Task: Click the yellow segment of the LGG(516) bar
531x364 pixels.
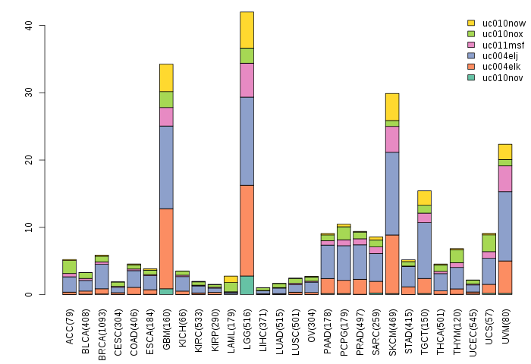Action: click(247, 30)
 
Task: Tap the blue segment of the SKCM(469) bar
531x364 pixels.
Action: click(392, 193)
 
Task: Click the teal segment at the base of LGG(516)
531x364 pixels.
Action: click(247, 285)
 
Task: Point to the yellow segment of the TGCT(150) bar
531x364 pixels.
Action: click(425, 197)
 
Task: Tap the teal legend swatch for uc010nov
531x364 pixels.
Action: click(471, 77)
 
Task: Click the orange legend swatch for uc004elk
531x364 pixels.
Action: click(471, 66)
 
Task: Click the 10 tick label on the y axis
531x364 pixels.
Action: click(29, 227)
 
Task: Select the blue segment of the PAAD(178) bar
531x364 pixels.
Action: click(328, 262)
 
